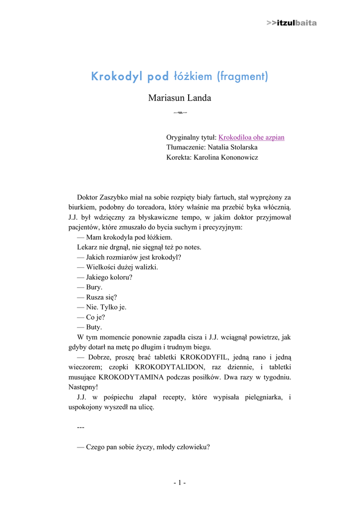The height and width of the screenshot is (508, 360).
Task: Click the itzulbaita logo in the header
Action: pyautogui.click(x=291, y=23)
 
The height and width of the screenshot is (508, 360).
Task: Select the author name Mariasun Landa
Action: pyautogui.click(x=180, y=98)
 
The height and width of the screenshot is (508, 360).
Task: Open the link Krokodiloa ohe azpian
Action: pyautogui.click(x=251, y=137)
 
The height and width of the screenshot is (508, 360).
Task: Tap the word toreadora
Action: pyautogui.click(x=149, y=207)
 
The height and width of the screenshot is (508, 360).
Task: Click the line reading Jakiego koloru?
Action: pyautogui.click(x=105, y=277)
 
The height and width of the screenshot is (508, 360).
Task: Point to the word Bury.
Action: pyautogui.click(x=94, y=287)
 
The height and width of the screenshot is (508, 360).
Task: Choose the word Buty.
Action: pyautogui.click(x=94, y=327)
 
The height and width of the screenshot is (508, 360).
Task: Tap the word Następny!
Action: pyautogui.click(x=83, y=387)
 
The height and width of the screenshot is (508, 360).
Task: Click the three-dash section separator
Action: pyautogui.click(x=81, y=427)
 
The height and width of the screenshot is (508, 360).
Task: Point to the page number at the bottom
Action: pyautogui.click(x=180, y=482)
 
